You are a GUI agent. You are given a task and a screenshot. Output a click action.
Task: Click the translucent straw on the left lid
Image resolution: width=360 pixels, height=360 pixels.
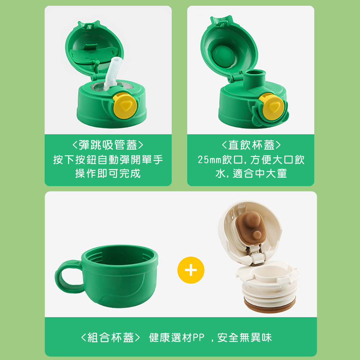click(113, 73)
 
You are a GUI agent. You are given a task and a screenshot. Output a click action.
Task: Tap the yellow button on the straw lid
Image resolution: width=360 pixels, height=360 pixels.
click(125, 105)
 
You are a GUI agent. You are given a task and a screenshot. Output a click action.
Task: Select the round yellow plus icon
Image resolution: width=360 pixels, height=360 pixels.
click(191, 270)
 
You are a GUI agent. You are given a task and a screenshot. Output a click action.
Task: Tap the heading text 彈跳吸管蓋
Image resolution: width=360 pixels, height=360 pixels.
click(108, 145)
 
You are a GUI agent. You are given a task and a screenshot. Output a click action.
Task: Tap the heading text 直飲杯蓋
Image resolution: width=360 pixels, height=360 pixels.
click(251, 145)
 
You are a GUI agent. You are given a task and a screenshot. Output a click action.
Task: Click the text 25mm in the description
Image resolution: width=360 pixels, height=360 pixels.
click(210, 160)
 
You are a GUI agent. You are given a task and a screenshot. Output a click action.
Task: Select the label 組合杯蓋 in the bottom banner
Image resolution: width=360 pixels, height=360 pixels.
click(111, 338)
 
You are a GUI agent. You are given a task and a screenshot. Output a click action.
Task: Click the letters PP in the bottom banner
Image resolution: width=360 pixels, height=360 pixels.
click(198, 338)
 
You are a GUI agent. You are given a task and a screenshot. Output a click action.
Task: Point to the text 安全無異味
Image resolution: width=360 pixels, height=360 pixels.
click(244, 338)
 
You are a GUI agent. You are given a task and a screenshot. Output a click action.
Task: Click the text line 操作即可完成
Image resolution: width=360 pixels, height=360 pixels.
click(108, 174)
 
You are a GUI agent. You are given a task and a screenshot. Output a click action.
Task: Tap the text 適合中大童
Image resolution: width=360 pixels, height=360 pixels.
click(260, 174)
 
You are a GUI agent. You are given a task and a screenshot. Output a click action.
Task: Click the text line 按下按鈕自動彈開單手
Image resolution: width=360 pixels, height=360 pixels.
click(108, 160)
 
